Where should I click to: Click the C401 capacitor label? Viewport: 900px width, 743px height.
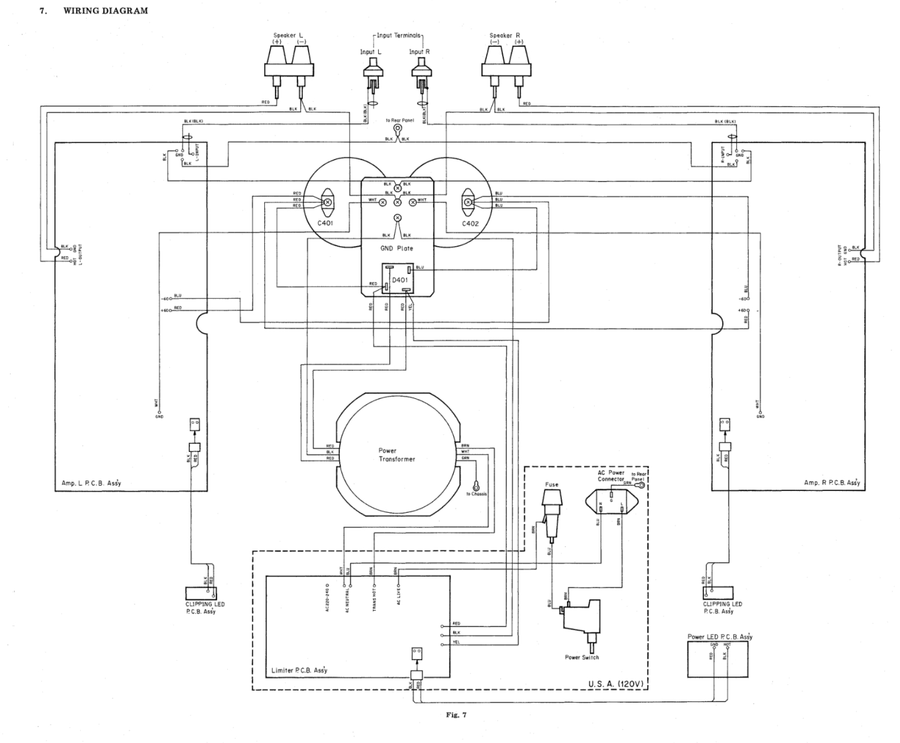click(x=325, y=223)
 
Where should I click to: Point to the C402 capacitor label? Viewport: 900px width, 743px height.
click(x=470, y=223)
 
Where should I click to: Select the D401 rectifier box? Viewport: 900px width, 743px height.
click(x=398, y=279)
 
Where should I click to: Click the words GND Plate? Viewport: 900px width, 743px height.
click(x=397, y=248)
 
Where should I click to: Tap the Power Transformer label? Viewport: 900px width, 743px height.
click(x=396, y=455)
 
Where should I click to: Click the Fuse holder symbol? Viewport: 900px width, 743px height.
click(x=551, y=513)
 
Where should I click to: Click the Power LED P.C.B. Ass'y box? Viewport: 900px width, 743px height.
click(x=718, y=658)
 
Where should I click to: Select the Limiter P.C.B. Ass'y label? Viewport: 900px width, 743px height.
click(x=299, y=670)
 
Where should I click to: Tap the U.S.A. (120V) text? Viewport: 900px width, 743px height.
click(x=616, y=683)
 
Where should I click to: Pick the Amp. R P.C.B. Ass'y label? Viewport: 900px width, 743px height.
click(x=831, y=482)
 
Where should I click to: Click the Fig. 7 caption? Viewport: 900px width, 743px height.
click(x=456, y=714)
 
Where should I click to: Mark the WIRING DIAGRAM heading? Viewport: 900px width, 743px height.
click(x=105, y=11)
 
